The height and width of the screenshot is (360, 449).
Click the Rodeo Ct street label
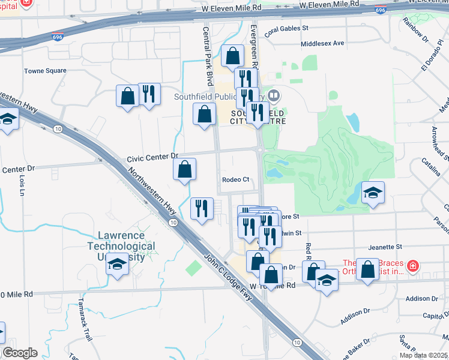(235, 179)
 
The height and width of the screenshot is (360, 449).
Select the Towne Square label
(45, 71)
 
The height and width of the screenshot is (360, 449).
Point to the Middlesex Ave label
(323, 43)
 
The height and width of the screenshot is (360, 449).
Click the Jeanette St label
(385, 247)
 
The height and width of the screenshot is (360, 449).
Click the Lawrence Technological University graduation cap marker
(118, 264)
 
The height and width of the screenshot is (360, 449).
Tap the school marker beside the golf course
(373, 193)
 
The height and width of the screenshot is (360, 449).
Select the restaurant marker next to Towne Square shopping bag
(149, 94)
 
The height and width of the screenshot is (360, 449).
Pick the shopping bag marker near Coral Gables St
(232, 56)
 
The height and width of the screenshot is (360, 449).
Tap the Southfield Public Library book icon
(274, 95)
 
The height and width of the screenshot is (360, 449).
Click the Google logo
(20, 353)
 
